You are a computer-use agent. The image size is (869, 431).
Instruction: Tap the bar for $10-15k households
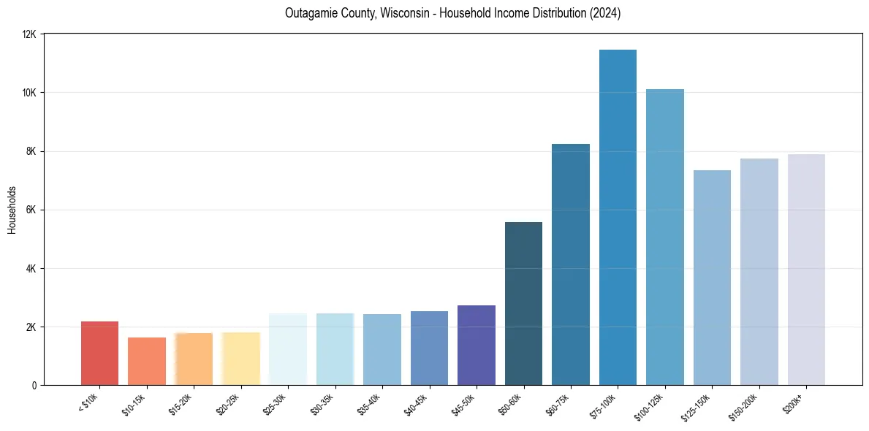[x=147, y=361]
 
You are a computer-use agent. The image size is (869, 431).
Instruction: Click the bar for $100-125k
[x=665, y=237]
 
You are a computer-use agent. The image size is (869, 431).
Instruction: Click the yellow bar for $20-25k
[x=240, y=358]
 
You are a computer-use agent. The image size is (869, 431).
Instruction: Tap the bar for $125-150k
[x=712, y=278]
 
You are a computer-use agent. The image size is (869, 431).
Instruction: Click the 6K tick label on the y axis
[x=31, y=210]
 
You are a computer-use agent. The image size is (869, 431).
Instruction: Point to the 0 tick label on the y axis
[x=34, y=385]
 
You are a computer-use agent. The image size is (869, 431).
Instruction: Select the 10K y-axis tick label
[x=29, y=93]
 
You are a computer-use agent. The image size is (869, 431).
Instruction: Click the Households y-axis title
[x=12, y=210]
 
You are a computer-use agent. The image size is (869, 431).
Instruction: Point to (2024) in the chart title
[x=603, y=13]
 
